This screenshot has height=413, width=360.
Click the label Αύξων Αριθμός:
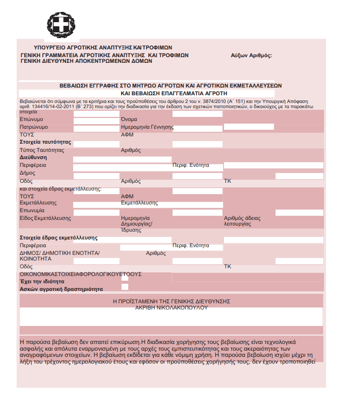pyautogui.click(x=251, y=55)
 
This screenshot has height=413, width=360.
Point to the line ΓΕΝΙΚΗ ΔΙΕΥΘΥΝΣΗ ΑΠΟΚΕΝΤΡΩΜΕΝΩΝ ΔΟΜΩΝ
pyautogui.click(x=86, y=61)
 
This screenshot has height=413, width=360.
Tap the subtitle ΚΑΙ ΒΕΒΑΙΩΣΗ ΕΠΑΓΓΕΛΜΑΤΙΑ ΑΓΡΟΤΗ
pyautogui.click(x=174, y=93)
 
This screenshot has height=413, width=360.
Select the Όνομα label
pyautogui.click(x=129, y=119)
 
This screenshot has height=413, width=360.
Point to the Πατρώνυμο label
pyautogui.click(x=34, y=127)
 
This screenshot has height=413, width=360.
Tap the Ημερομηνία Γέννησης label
pyautogui.click(x=147, y=127)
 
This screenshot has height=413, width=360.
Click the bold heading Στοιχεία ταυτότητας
pyautogui.click(x=45, y=142)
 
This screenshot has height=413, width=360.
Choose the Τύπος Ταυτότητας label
pyautogui.click(x=42, y=150)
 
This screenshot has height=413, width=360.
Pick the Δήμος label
pyautogui.click(x=27, y=173)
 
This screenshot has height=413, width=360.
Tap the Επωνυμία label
pyautogui.click(x=32, y=211)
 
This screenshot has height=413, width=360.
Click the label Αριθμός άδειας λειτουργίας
pyautogui.click(x=243, y=221)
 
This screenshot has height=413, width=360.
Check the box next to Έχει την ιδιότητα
pyautogui.click(x=125, y=279)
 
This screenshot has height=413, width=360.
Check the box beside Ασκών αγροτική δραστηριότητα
pyautogui.click(x=125, y=287)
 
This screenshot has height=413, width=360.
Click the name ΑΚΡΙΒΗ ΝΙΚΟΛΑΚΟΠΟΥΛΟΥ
pyautogui.click(x=171, y=307)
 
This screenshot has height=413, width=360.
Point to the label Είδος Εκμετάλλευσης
pyautogui.click(x=45, y=218)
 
